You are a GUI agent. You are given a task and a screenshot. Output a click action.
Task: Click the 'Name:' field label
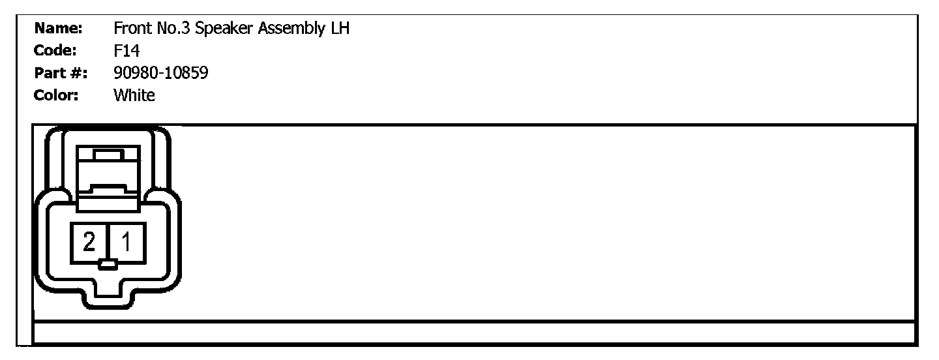58,29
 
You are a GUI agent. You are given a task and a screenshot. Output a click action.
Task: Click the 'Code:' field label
56,51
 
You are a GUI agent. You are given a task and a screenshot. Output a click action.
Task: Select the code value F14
127,52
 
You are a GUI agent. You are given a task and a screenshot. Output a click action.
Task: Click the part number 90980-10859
161,73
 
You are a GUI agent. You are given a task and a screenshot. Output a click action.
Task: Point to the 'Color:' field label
57,95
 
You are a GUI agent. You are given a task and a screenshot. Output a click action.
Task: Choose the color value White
134,95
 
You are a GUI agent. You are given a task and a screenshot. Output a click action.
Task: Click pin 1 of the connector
127,243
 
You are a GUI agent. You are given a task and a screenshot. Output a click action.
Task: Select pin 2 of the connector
89,243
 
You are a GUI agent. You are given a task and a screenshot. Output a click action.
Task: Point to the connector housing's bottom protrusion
108,297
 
